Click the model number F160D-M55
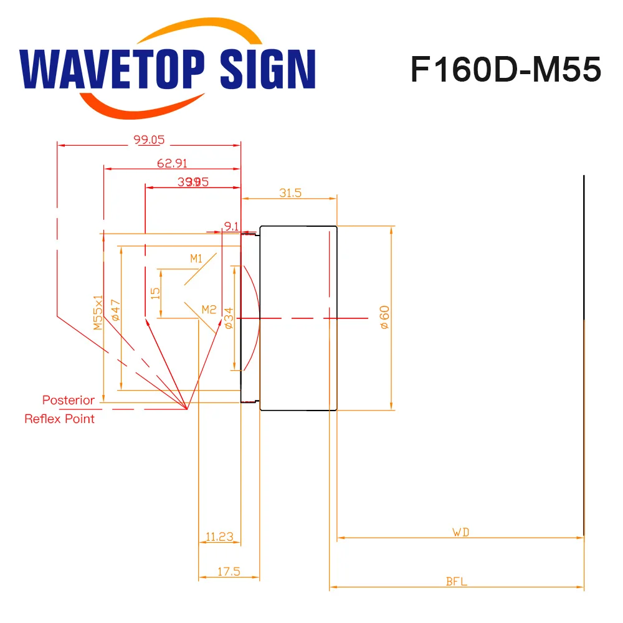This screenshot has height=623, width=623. click(x=505, y=70)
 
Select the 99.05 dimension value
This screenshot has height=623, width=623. click(x=149, y=140)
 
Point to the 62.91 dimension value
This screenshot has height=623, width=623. click(x=172, y=164)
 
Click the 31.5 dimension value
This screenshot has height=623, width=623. click(x=290, y=193)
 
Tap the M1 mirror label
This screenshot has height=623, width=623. click(x=197, y=258)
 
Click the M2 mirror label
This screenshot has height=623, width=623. click(x=209, y=309)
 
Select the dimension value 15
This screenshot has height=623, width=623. click(x=156, y=292)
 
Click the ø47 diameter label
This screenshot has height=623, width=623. click(x=115, y=310)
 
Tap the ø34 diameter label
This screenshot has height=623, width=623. click(x=229, y=317)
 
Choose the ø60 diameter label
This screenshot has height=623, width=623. click(x=384, y=317)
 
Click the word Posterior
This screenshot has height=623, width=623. click(x=69, y=400)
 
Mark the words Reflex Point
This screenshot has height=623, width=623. click(x=60, y=419)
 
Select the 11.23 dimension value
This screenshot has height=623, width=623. click(x=219, y=536)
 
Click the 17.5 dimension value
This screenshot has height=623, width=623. click(x=229, y=571)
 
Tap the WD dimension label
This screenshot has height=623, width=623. click(x=460, y=532)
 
